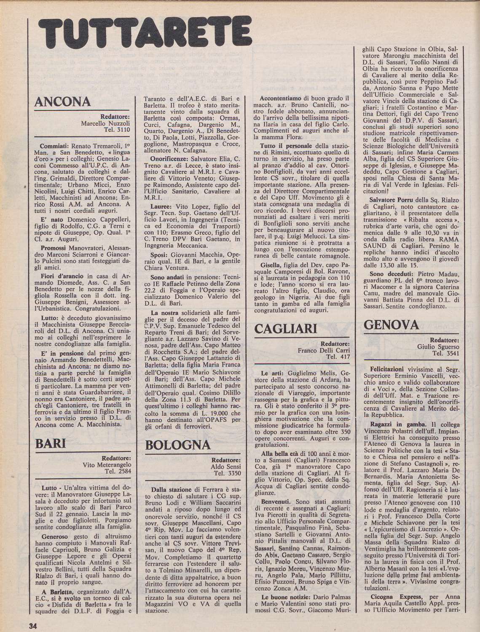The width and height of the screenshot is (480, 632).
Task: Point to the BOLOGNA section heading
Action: pos(177,445)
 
